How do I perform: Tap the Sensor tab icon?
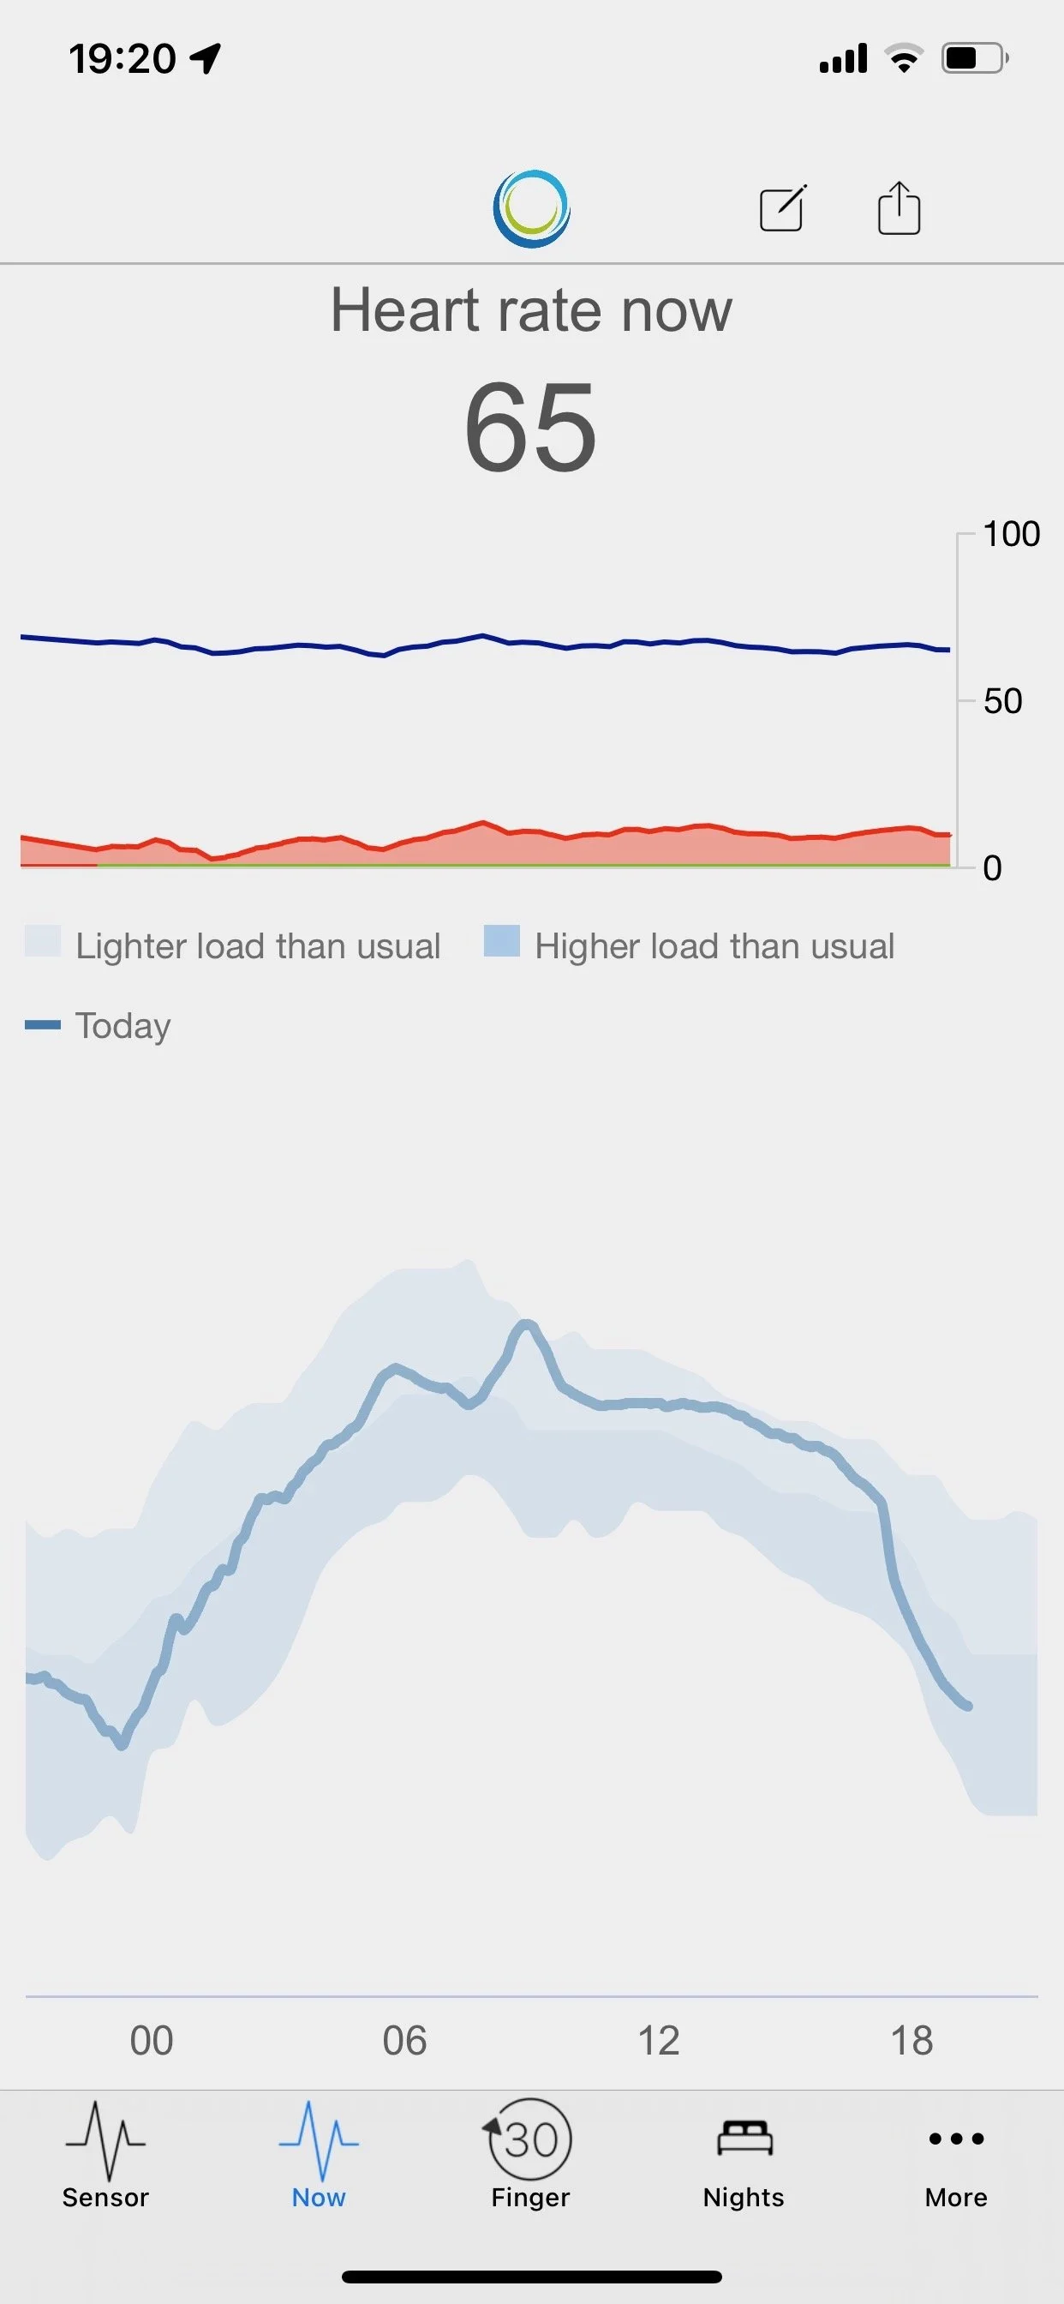[105, 2140]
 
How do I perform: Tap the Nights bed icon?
[744, 2138]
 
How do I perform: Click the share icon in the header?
[899, 208]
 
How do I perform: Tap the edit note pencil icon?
[783, 208]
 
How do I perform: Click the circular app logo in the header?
[531, 208]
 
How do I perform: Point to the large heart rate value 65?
[530, 427]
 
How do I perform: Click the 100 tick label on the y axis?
[1011, 534]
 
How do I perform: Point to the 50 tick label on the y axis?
[1002, 701]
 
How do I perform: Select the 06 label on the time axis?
[404, 2041]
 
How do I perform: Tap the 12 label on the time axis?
[658, 2041]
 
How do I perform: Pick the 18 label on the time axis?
[912, 2041]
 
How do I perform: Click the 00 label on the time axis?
[151, 2041]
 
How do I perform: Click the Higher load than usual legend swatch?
[502, 941]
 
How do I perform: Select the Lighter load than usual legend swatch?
[43, 941]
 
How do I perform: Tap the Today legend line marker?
[43, 1025]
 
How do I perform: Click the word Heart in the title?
[405, 310]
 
